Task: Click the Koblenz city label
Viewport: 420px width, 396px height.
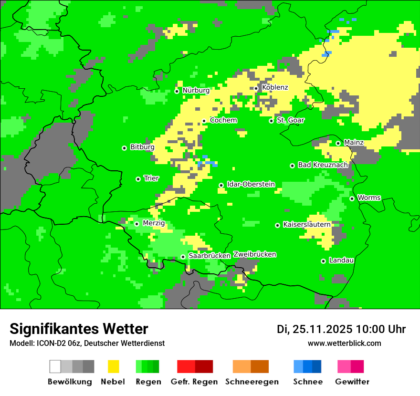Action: tap(275, 87)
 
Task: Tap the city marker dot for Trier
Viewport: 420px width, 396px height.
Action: tap(138, 179)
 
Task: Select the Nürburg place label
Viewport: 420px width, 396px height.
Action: tap(196, 90)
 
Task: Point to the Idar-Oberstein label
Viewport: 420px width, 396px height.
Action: tap(251, 184)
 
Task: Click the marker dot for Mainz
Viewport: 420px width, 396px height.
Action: tap(338, 143)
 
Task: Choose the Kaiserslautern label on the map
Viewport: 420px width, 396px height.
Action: tap(307, 224)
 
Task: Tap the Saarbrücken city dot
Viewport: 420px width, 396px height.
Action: tap(183, 257)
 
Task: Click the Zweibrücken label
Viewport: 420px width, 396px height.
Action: tap(255, 254)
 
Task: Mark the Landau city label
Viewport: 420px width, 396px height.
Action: tap(341, 260)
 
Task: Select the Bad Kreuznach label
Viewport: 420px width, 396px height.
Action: tap(323, 165)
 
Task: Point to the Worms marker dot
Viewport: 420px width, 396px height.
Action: tap(352, 198)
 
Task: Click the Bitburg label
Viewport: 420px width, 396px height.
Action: tap(142, 147)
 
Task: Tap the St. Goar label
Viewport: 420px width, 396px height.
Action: tap(290, 120)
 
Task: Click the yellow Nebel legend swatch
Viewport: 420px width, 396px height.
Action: tap(113, 366)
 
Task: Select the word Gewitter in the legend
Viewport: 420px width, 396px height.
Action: tap(352, 382)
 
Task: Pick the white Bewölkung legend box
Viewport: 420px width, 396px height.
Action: tap(55, 366)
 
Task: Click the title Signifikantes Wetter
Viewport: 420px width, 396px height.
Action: tap(79, 329)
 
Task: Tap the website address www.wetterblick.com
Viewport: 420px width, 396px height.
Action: tap(344, 343)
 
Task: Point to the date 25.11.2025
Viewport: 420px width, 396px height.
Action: tap(323, 329)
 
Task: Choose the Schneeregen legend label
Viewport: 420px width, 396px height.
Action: tap(252, 382)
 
